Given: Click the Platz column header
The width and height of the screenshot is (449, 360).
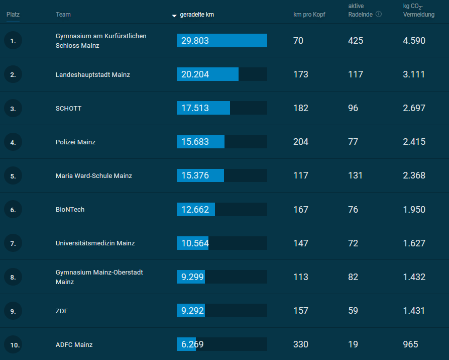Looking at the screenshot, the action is pyautogui.click(x=13, y=15).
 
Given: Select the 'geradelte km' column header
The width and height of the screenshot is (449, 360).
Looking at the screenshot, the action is pyautogui.click(x=197, y=15).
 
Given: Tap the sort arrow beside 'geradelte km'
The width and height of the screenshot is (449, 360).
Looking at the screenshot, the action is pyautogui.click(x=174, y=16).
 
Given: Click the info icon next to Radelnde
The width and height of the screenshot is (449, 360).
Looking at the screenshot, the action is pyautogui.click(x=379, y=14).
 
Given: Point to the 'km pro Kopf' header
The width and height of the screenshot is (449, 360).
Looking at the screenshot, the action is pyautogui.click(x=309, y=15).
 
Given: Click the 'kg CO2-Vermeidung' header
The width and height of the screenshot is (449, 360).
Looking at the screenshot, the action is pyautogui.click(x=419, y=11).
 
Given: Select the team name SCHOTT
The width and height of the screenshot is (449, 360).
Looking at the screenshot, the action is pyautogui.click(x=68, y=108).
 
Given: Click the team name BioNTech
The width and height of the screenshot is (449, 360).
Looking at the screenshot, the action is pyautogui.click(x=70, y=210).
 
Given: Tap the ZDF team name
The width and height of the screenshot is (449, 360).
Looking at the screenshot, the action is pyautogui.click(x=62, y=311).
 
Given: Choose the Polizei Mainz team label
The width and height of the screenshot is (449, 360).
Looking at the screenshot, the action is pyautogui.click(x=75, y=142).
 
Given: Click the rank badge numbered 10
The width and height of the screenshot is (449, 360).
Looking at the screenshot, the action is pyautogui.click(x=13, y=344).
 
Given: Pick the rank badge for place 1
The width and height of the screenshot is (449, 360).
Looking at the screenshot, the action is pyautogui.click(x=13, y=41).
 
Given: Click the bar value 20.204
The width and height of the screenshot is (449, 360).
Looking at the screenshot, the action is pyautogui.click(x=195, y=74).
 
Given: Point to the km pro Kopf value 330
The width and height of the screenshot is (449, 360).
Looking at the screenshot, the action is pyautogui.click(x=301, y=344).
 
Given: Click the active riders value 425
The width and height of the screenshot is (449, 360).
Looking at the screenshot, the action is pyautogui.click(x=356, y=41).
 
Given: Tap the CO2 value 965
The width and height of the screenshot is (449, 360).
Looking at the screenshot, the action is pyautogui.click(x=410, y=344).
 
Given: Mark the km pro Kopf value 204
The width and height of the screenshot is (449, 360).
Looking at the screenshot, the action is pyautogui.click(x=301, y=142).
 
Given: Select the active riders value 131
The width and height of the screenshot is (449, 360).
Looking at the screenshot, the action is pyautogui.click(x=356, y=175).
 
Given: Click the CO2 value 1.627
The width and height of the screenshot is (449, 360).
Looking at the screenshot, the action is pyautogui.click(x=414, y=243).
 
